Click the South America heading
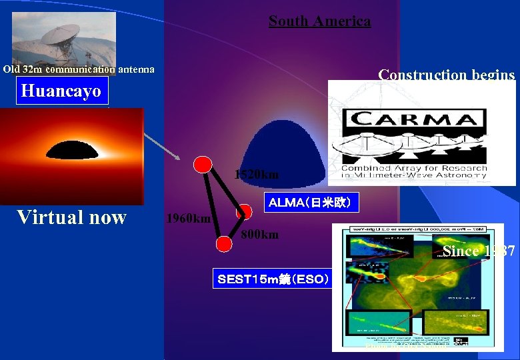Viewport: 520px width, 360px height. [319, 21]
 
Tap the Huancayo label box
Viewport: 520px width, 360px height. [61, 91]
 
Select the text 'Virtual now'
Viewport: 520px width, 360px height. [71, 217]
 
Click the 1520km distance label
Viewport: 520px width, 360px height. [256, 175]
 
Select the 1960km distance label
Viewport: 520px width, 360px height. [188, 219]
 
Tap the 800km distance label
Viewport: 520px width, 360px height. [260, 235]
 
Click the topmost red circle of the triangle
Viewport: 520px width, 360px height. [203, 163]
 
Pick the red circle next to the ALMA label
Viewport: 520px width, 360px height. [244, 212]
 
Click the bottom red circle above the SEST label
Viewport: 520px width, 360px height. [225, 243]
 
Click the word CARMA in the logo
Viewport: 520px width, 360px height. [414, 120]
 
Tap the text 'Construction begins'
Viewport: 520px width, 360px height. [447, 75]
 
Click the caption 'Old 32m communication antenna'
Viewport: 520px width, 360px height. [79, 69]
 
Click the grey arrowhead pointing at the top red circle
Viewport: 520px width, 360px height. [177, 157]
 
